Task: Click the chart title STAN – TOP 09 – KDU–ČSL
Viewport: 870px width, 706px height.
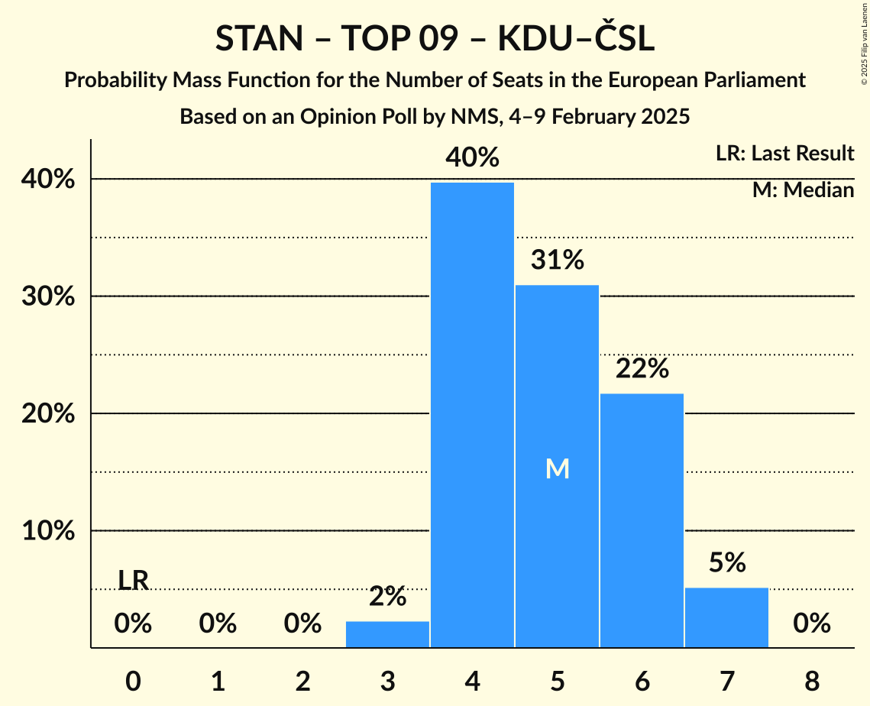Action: (435, 39)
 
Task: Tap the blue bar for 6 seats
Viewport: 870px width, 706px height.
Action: (642, 520)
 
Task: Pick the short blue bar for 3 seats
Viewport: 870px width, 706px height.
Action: (387, 634)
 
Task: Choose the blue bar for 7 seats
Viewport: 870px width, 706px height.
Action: (726, 617)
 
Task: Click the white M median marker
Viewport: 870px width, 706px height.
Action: (558, 469)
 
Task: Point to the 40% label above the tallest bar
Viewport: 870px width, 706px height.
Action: (473, 157)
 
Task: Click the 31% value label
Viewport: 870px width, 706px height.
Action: (558, 261)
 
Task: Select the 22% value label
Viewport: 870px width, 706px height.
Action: (642, 369)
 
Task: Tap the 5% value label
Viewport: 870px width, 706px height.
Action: (726, 563)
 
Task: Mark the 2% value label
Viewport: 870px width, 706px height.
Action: (387, 597)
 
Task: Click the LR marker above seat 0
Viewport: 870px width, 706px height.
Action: (133, 581)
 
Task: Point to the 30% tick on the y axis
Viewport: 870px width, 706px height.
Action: (48, 296)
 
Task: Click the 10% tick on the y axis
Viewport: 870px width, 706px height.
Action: (48, 531)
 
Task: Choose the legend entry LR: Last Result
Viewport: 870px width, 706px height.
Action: (784, 154)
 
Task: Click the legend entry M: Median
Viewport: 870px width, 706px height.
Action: (803, 190)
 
